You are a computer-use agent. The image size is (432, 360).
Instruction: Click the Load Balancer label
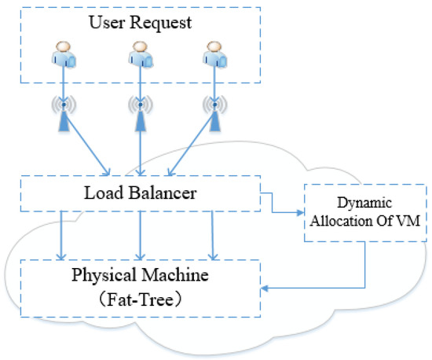click(140, 191)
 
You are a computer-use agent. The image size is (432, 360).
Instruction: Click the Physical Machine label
click(140, 277)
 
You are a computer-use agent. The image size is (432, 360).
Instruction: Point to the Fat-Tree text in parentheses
click(140, 299)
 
